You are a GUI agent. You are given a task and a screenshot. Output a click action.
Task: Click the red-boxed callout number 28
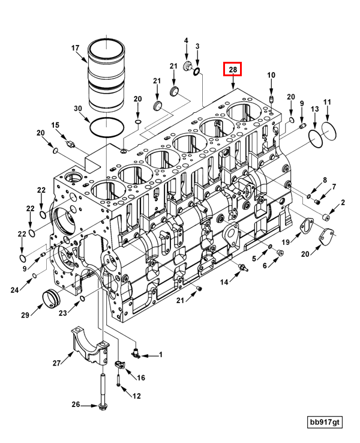(x=232, y=70)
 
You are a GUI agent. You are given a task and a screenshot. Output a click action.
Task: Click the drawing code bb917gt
(x=325, y=423)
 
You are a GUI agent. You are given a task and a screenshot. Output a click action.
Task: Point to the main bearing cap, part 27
(x=89, y=346)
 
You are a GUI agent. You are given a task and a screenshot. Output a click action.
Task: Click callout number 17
(x=76, y=48)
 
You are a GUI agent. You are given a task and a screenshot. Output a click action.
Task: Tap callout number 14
(x=223, y=282)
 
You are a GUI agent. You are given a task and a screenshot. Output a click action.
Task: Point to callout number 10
(x=271, y=75)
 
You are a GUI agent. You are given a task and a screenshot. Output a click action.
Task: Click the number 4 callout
(x=186, y=41)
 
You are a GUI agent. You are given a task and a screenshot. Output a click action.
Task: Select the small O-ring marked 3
(x=196, y=73)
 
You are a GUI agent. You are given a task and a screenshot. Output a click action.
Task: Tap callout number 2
(x=343, y=203)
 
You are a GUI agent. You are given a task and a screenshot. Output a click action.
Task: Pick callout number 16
(x=142, y=378)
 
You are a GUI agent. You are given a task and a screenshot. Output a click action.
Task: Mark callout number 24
(x=14, y=291)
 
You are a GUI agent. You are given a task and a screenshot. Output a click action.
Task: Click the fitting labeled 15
(x=71, y=144)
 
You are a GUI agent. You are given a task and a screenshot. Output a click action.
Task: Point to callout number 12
(x=137, y=396)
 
